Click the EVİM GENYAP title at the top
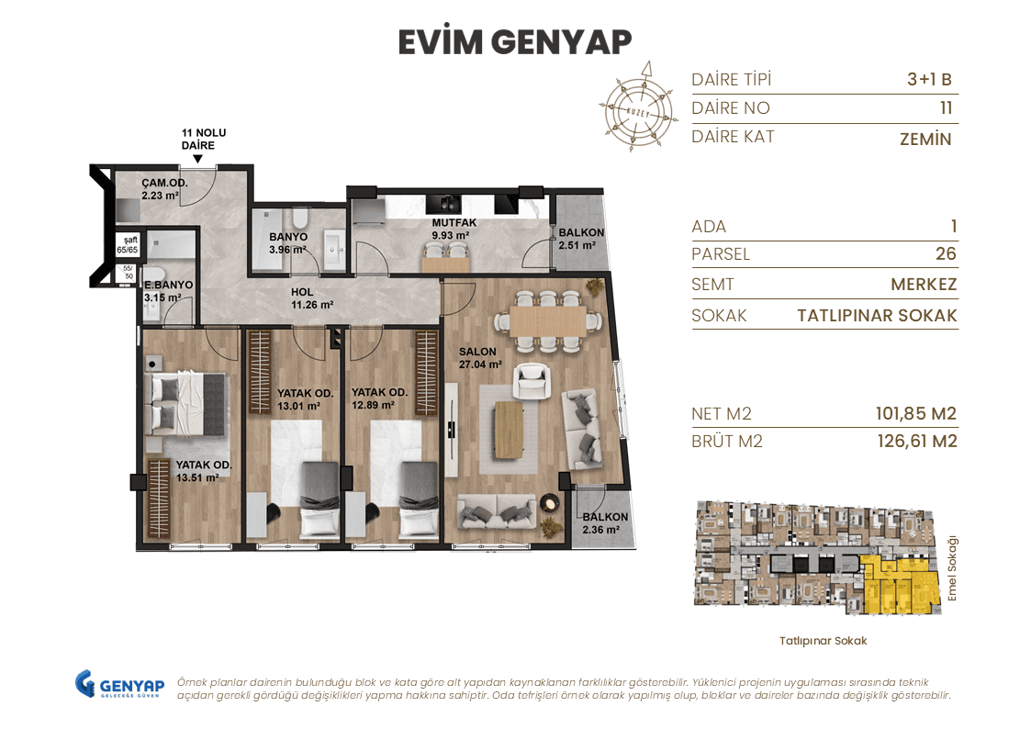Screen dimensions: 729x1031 [x=515, y=41]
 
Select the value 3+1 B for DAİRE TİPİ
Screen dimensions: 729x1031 [x=929, y=80]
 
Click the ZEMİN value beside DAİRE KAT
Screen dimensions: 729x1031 [x=925, y=139]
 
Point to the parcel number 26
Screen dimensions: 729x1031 [x=945, y=254]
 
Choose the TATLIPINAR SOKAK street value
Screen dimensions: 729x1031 [x=877, y=316]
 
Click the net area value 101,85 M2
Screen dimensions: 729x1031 [x=915, y=414]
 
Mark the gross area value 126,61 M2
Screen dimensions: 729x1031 [x=917, y=442]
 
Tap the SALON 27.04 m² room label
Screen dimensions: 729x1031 [x=480, y=357]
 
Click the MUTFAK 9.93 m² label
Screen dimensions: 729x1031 [x=451, y=229]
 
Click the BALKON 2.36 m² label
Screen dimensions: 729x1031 [x=605, y=522]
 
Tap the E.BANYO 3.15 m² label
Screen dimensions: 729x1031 [x=167, y=291]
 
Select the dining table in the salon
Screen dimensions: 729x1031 [x=541, y=321]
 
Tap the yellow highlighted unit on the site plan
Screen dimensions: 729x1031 [x=899, y=587]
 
